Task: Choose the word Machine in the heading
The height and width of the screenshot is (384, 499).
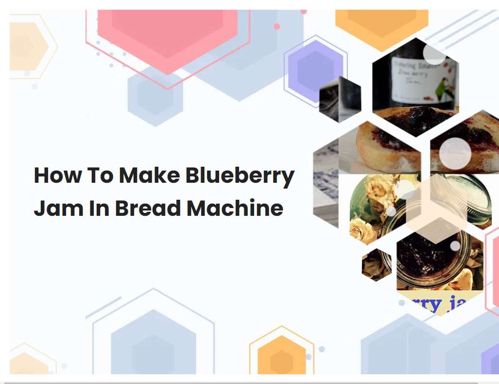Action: [x=235, y=208]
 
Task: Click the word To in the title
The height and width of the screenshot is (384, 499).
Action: [x=100, y=175]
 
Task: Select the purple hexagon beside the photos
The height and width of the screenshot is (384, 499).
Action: [x=315, y=70]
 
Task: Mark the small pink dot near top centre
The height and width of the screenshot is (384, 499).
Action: [x=277, y=27]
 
